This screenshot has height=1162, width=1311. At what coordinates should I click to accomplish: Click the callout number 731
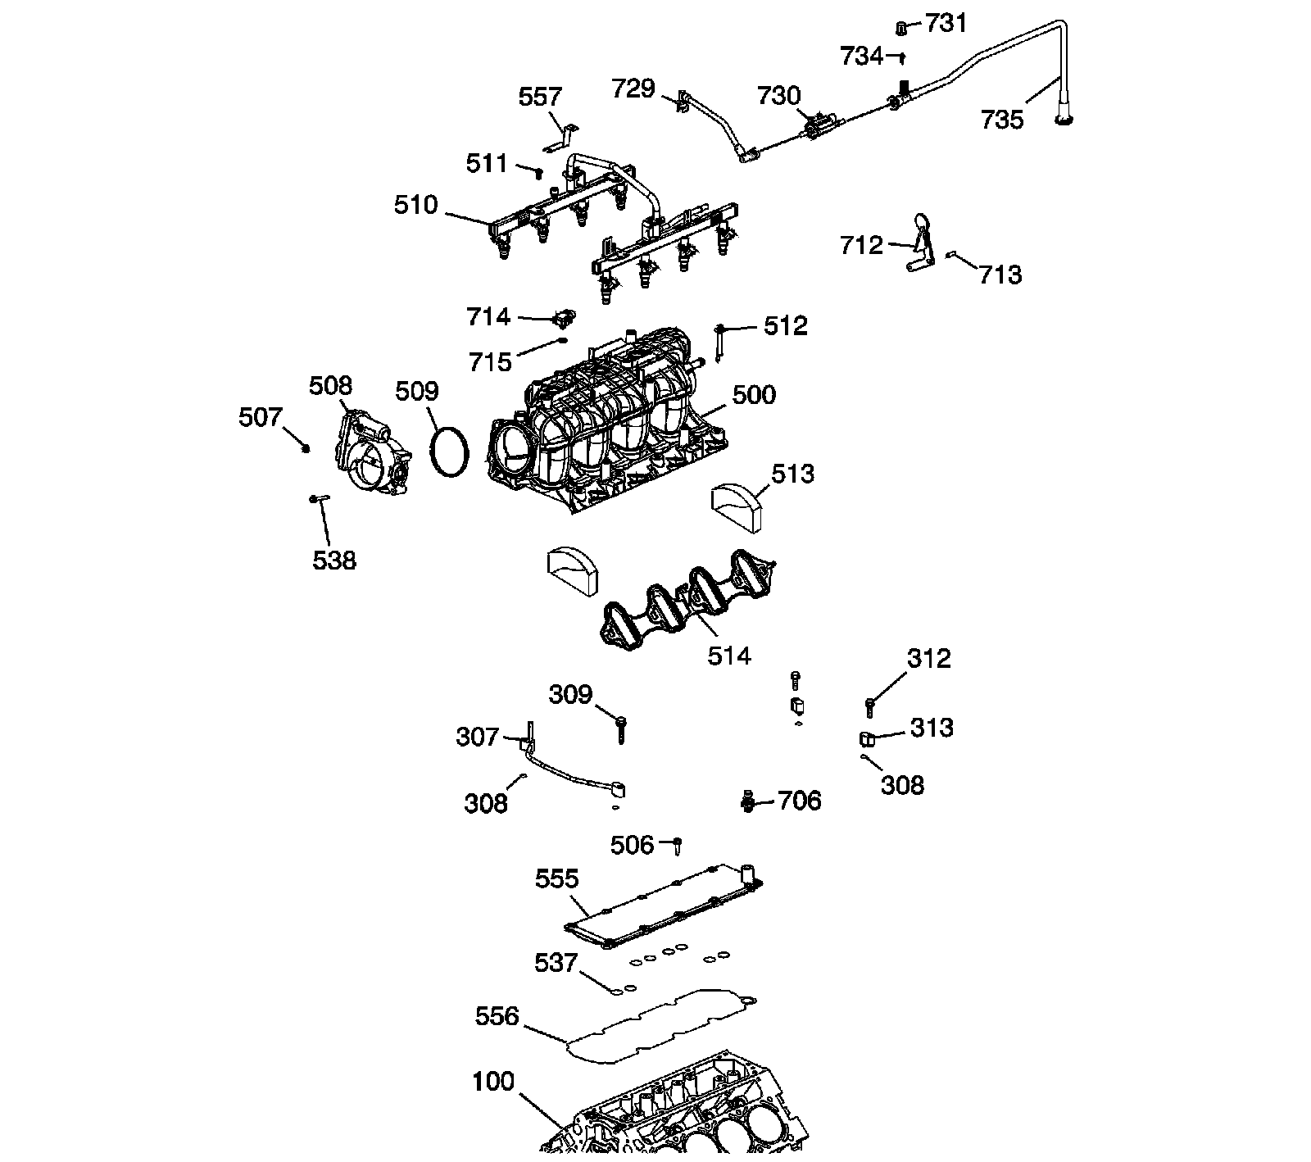946,24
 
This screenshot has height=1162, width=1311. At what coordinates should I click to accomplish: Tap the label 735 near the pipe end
1002,120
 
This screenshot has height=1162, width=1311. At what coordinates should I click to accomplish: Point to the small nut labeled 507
305,447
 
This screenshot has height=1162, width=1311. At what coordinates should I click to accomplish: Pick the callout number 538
334,561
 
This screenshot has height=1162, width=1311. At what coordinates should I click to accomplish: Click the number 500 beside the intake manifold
753,395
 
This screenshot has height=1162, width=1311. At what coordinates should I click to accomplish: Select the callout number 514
728,656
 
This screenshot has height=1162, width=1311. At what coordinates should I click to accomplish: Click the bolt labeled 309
622,728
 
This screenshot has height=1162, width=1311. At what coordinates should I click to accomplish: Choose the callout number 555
557,879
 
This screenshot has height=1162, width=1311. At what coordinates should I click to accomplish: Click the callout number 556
497,1017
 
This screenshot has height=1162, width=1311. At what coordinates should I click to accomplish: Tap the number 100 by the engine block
493,1082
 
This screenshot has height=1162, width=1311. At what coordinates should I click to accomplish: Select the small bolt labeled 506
678,845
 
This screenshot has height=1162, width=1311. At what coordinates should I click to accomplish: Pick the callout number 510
416,205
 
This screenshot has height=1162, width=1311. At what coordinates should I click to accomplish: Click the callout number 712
861,245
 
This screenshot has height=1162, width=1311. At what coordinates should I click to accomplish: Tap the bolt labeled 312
869,705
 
